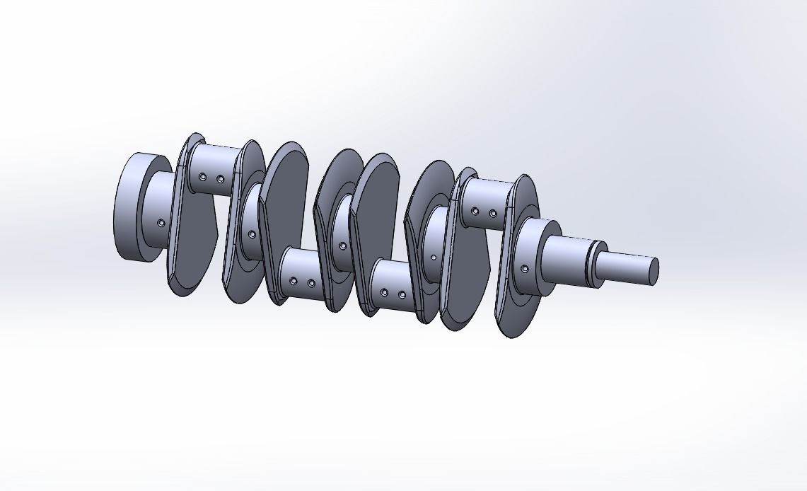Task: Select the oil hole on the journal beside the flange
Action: point(161,223)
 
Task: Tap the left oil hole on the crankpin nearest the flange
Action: point(202,177)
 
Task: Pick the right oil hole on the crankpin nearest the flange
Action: point(220,179)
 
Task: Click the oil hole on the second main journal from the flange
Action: point(252,234)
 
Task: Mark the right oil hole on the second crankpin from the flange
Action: point(311,283)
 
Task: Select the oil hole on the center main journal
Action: point(343,246)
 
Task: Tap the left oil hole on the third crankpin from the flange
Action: point(384,292)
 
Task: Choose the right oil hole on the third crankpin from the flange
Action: point(402,294)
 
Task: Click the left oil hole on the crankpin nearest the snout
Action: point(475,211)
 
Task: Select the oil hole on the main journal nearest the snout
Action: point(524,269)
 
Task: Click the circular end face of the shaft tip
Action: point(654,270)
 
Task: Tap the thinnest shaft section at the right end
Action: point(626,267)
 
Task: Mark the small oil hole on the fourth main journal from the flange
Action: point(434,258)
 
